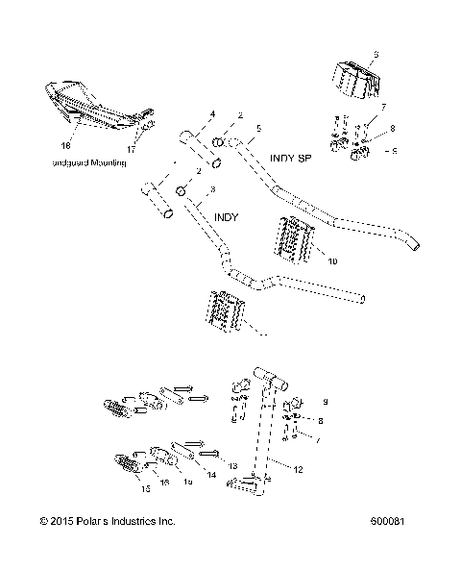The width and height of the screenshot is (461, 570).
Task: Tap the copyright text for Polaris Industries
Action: (x=108, y=521)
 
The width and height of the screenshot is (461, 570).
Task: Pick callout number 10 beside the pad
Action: (x=307, y=260)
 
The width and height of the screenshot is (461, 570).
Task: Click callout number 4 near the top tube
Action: (x=213, y=114)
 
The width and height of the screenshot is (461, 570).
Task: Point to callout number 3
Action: (x=212, y=189)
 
